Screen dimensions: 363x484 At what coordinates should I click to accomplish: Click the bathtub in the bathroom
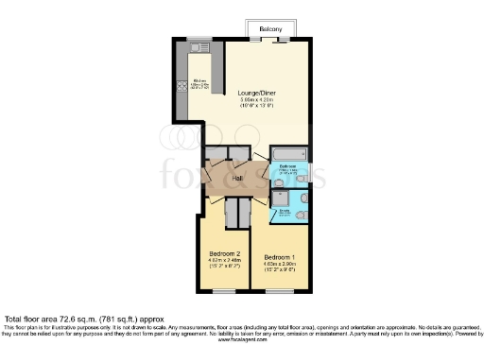click(x=288, y=154)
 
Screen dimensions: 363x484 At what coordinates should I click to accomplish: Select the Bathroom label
click(x=288, y=166)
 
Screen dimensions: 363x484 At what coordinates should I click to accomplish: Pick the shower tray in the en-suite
click(x=282, y=199)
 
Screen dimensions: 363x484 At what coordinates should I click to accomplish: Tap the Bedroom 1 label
click(x=279, y=257)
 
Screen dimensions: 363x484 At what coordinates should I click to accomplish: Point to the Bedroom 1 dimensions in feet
click(x=279, y=272)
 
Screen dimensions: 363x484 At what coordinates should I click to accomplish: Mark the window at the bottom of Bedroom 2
click(x=223, y=291)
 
